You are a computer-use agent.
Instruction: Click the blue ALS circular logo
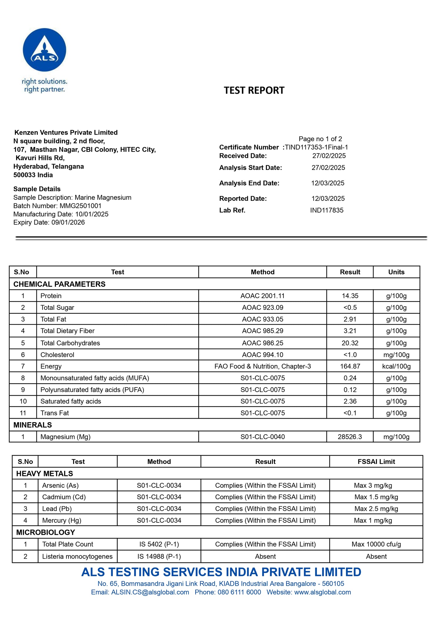[x=44, y=50]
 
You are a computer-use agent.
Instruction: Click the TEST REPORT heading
[x=254, y=90]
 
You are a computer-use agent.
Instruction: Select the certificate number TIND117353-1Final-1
[x=316, y=147]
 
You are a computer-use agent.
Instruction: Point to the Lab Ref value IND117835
[x=327, y=210]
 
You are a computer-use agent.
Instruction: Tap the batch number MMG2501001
[x=80, y=206]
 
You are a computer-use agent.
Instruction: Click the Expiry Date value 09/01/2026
[x=68, y=222]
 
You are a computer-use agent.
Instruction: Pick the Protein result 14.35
[x=350, y=296]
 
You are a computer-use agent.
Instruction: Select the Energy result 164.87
[x=350, y=366]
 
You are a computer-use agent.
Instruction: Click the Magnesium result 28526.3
[x=350, y=437]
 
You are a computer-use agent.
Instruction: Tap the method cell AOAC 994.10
[x=263, y=355]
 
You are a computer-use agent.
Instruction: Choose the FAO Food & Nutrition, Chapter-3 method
[x=263, y=366]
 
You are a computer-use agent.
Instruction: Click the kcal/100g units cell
[x=396, y=366]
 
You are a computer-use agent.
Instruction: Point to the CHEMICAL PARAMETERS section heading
[x=59, y=284]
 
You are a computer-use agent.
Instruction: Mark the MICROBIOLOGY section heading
[x=46, y=532]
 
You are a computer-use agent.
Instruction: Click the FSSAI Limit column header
[x=376, y=462]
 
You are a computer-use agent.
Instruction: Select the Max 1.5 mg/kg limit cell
[x=376, y=497]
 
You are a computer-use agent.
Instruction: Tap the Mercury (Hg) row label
[x=62, y=520]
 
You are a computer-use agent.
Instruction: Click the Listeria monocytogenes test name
[x=77, y=556]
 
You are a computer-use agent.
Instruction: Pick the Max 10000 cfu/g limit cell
[x=376, y=544]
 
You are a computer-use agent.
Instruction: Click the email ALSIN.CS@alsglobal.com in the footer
[x=150, y=592]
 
